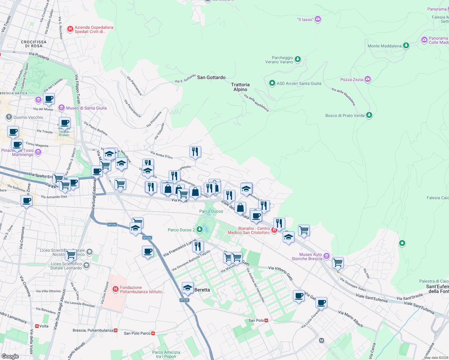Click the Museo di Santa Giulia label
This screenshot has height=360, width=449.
(x=86, y=108)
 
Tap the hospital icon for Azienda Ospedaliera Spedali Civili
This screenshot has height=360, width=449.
(x=70, y=29)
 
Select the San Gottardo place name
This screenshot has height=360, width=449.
(x=211, y=77)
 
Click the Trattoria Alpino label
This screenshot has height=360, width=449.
(x=240, y=87)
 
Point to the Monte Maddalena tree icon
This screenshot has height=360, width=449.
(x=406, y=46)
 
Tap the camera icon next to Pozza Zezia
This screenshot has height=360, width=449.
(x=368, y=79)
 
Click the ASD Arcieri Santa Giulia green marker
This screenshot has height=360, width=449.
(x=272, y=83)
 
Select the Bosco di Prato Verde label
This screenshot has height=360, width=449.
(x=345, y=115)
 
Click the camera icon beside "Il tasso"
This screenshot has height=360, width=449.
(x=318, y=19)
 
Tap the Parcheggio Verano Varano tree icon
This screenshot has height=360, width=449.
(x=298, y=59)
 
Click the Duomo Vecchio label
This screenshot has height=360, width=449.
(x=28, y=117)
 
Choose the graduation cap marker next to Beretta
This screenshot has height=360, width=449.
(x=188, y=288)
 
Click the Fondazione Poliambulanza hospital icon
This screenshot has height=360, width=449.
(x=115, y=289)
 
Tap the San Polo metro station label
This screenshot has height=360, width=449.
(x=256, y=320)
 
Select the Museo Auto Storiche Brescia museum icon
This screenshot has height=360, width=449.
(x=327, y=256)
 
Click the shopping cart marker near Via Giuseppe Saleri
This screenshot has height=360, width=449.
(x=338, y=262)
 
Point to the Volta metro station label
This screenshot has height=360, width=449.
(x=44, y=326)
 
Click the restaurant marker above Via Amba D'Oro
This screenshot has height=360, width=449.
(x=195, y=152)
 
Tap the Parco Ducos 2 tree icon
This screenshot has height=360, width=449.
(x=200, y=229)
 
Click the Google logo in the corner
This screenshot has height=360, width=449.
(x=10, y=356)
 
